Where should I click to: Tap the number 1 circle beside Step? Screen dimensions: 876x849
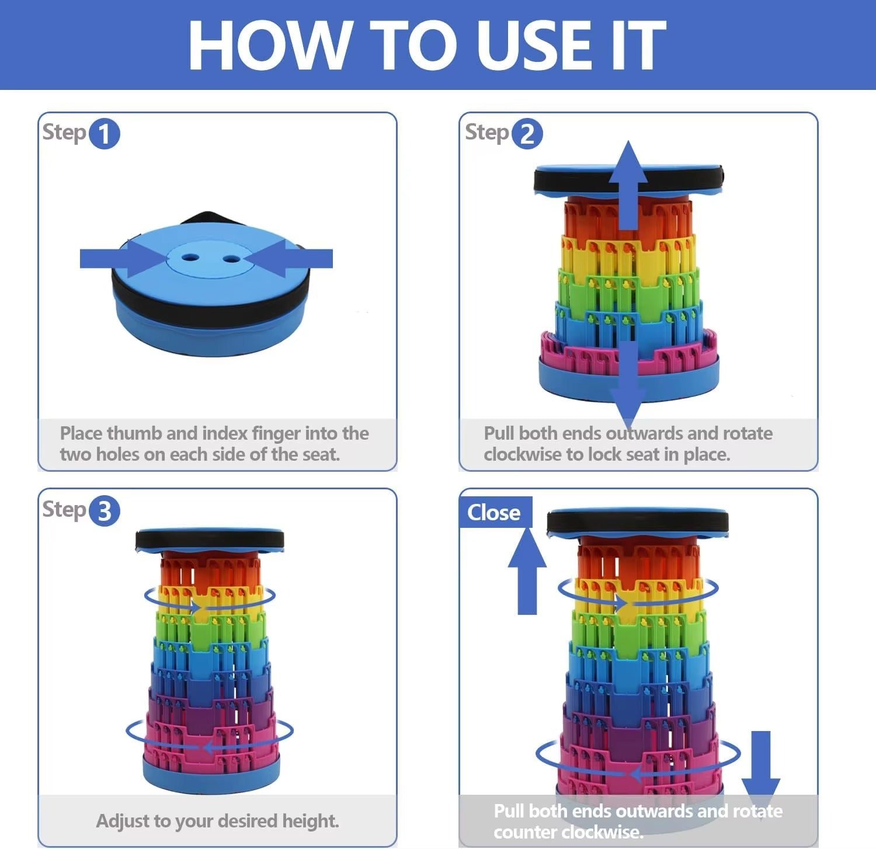[x=104, y=134]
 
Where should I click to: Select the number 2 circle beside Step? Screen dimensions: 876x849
[x=527, y=134]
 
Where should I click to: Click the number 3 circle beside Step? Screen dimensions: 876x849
[x=104, y=511]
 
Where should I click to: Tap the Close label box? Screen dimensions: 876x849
[x=495, y=512]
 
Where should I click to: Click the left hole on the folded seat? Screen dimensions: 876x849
[x=189, y=257]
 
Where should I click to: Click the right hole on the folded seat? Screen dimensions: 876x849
[x=231, y=258]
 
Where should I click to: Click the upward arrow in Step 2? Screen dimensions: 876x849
[x=628, y=185]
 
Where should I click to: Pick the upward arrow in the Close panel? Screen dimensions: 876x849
[x=527, y=570]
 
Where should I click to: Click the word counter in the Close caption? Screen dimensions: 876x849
[x=522, y=831]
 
